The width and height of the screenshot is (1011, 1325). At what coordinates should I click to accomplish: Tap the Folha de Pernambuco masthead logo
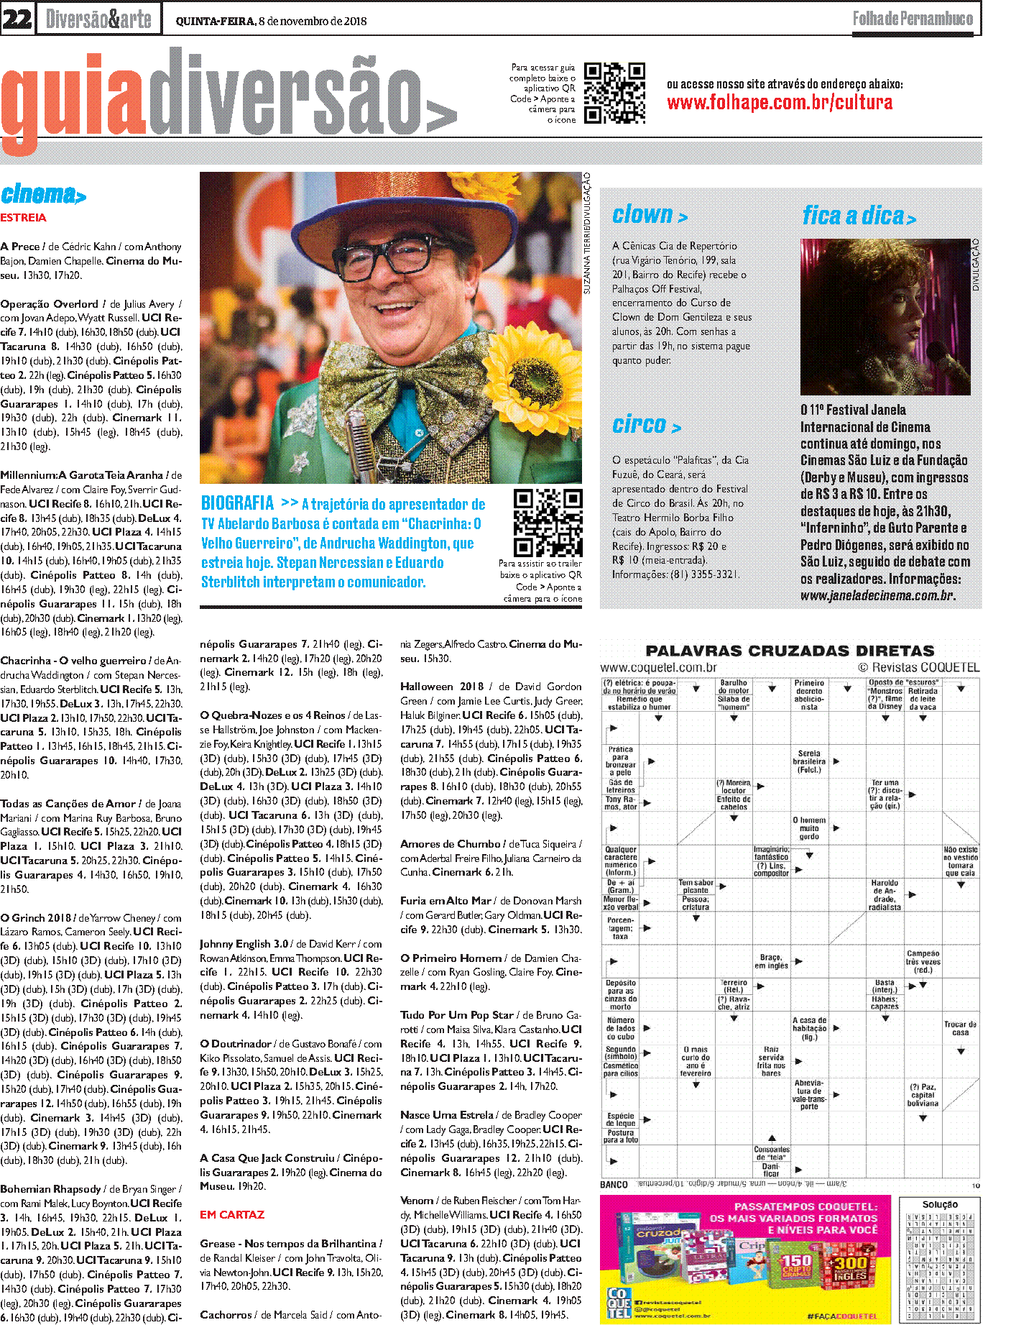coord(913,19)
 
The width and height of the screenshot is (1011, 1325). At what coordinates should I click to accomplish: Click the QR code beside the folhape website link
coord(614,93)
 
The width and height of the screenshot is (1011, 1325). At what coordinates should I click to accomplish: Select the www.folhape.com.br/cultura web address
coord(780,103)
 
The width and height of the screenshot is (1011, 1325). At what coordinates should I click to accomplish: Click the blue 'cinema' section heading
coord(43,194)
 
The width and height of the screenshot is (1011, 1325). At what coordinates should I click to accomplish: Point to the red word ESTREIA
coord(23,217)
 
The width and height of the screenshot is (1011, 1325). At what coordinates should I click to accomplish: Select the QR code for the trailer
coord(548,523)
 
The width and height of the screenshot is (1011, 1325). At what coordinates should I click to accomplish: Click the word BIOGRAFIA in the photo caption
coord(238,503)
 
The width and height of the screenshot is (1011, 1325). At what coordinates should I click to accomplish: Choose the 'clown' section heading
coord(650,215)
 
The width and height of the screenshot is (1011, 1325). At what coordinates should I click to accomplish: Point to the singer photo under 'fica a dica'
coord(885,317)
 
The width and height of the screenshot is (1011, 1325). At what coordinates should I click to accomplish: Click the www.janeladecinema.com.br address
coord(877,595)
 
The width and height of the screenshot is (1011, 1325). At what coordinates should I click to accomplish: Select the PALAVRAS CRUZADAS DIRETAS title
coord(790,651)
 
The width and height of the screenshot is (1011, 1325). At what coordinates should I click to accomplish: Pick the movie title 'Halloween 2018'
coord(442,686)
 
